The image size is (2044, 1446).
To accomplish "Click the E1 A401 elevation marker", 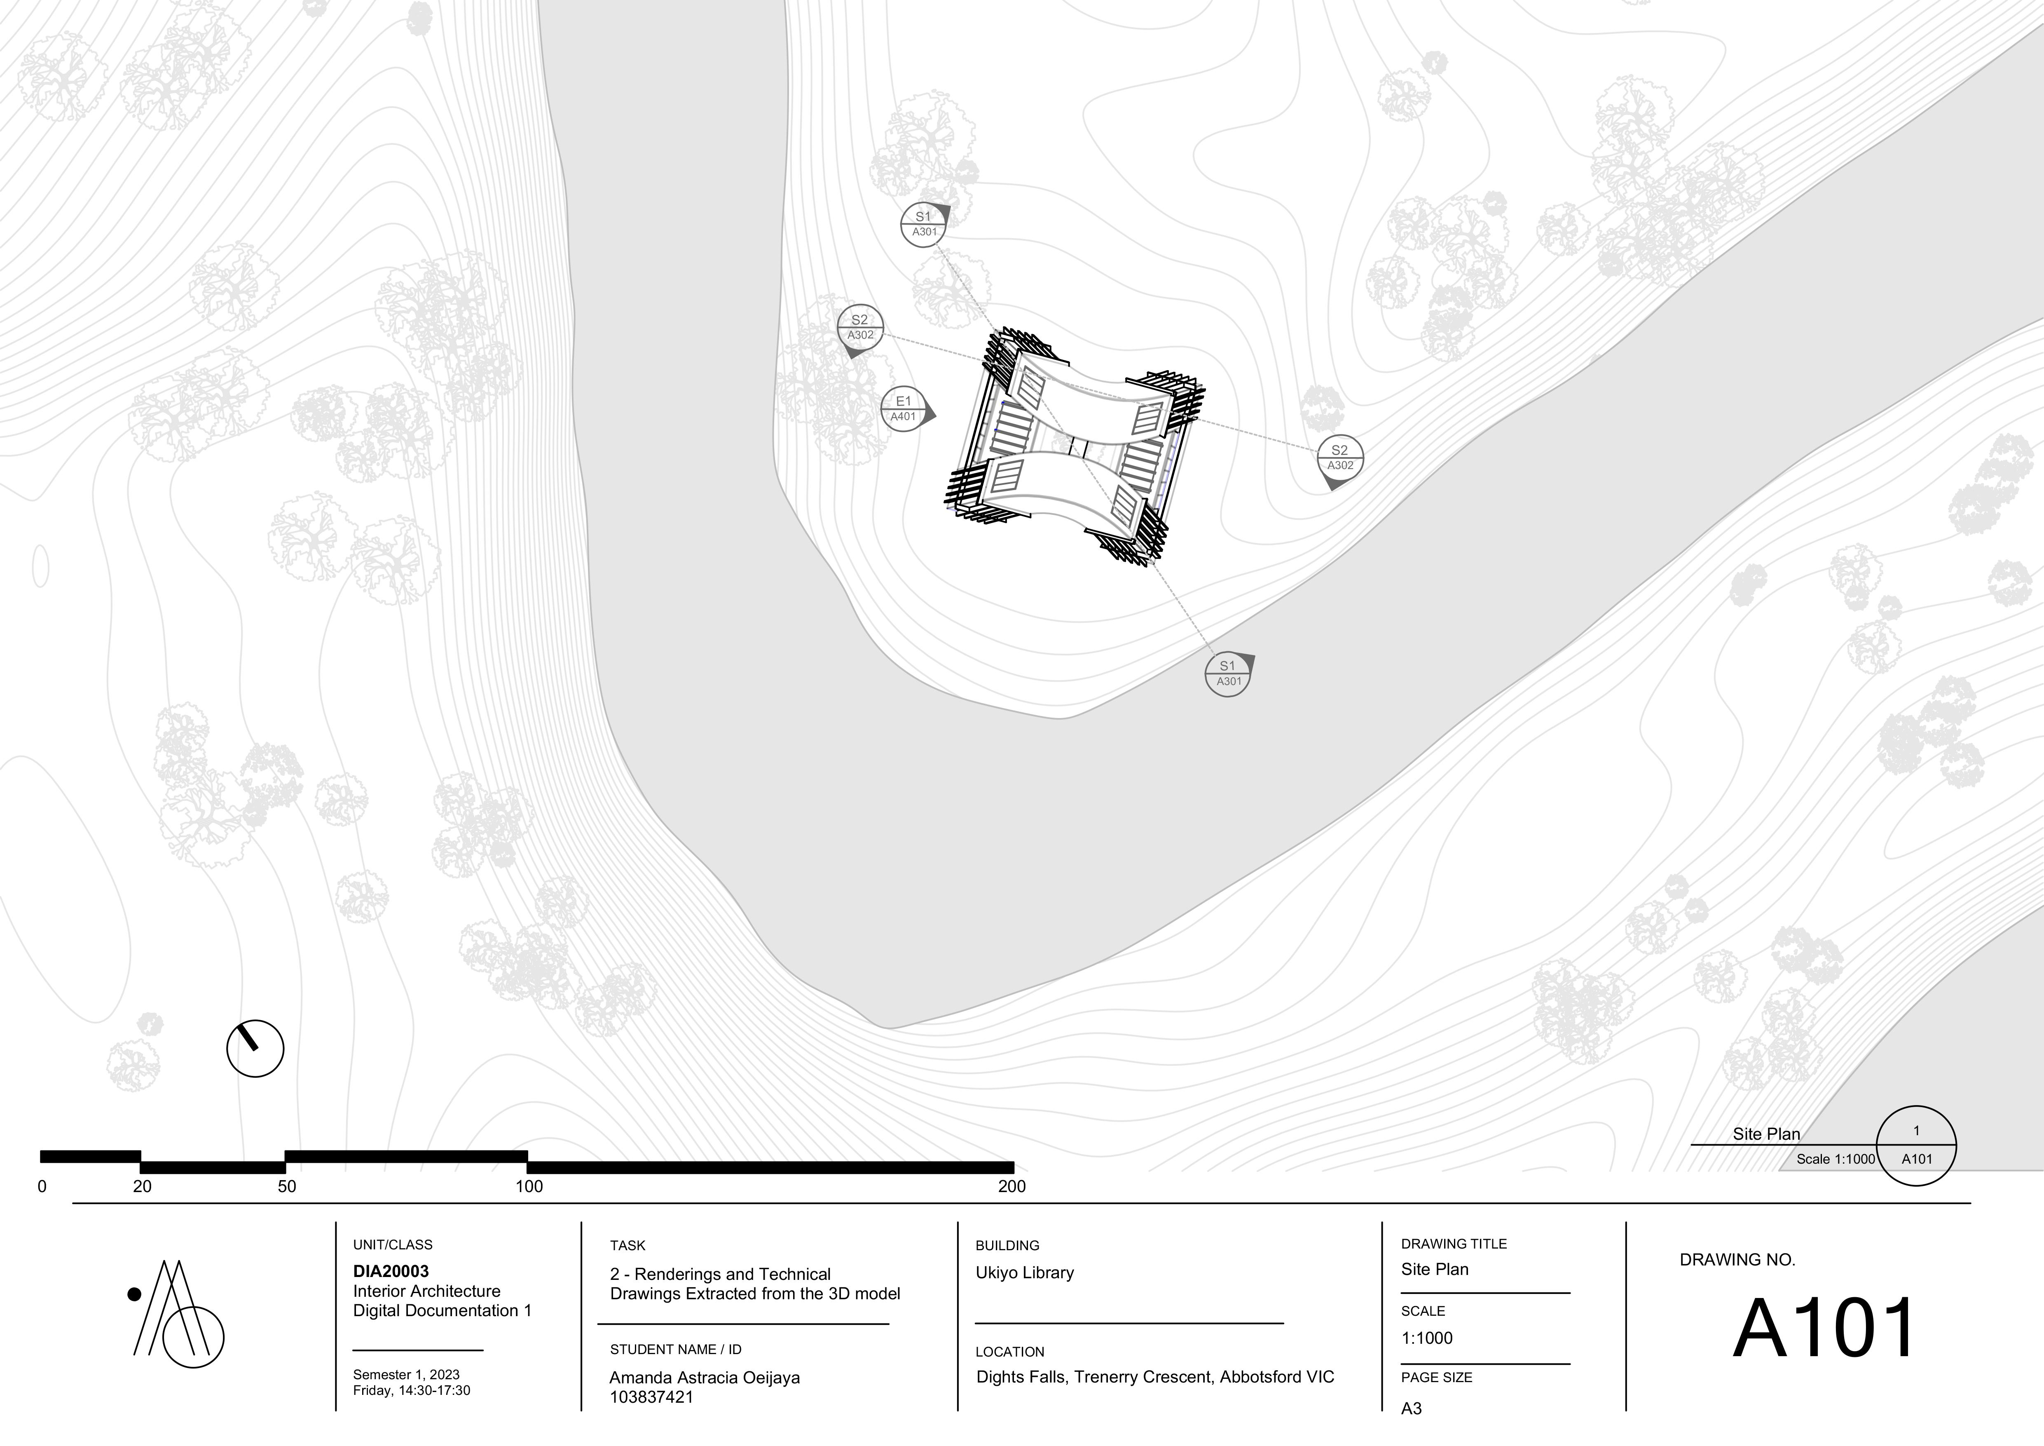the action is coord(904,410).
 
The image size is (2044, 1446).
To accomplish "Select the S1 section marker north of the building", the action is coord(923,224).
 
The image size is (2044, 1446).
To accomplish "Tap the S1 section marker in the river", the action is coord(1228,674).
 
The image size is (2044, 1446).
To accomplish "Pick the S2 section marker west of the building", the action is coord(860,328).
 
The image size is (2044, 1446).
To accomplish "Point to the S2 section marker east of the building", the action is coord(1340,458).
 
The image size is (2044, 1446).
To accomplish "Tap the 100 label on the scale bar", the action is coord(530,1186).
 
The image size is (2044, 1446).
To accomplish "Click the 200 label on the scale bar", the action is coord(1012,1186).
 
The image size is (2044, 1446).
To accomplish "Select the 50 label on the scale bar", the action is coord(287,1186).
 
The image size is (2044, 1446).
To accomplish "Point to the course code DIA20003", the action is coord(391,1272).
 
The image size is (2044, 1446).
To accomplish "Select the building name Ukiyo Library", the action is coord(1025,1272).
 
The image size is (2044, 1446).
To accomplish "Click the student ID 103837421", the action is coord(652,1397).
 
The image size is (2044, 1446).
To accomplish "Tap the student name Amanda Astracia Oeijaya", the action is coord(704,1378).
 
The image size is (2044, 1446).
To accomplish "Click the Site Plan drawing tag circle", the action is coord(1916,1145).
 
